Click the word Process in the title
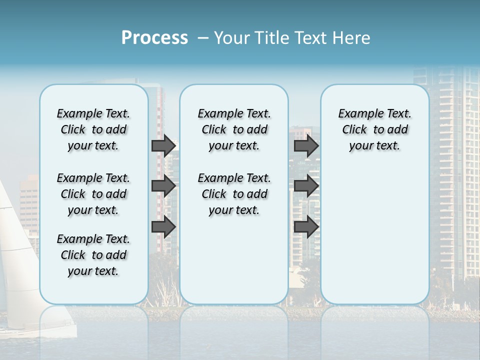154,38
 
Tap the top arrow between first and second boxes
163,145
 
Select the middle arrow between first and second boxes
163,186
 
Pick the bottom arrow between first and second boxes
163,227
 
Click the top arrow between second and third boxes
306,145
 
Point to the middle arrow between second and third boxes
306,186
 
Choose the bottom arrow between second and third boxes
306,227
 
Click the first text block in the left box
93,129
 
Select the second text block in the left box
93,194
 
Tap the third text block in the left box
93,255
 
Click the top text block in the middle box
234,129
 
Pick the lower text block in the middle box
234,194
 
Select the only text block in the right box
374,129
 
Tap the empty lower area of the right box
374,235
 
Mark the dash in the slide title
203,38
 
